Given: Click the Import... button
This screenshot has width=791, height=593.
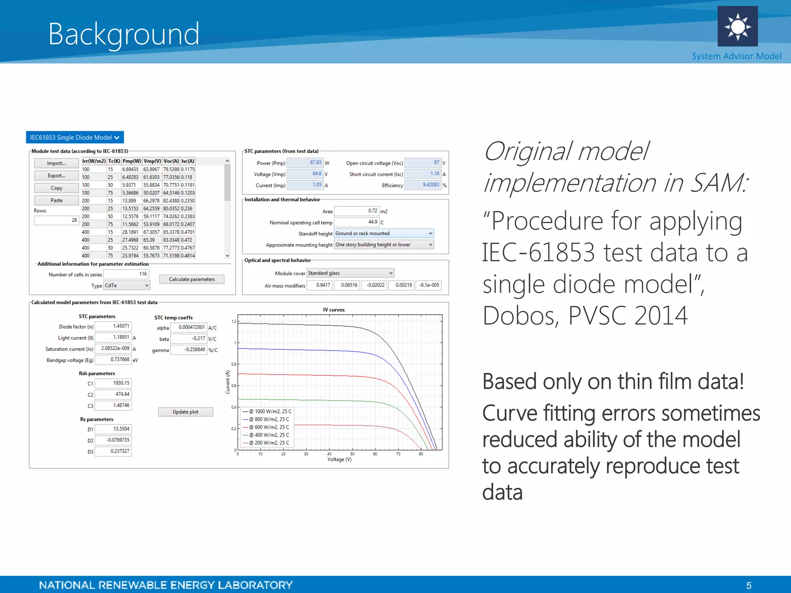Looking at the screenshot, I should coord(56,163).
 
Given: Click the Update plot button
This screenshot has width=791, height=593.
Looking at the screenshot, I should coord(185,412).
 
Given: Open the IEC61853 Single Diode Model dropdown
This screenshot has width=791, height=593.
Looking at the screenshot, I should coord(75,137).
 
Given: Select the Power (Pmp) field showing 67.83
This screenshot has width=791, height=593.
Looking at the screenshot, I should coord(305,163).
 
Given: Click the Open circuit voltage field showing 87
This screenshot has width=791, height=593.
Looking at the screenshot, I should coord(423,163).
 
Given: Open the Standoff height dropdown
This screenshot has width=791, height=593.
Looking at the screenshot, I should coord(384,234).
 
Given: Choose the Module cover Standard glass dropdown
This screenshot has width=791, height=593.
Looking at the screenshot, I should coord(350,273).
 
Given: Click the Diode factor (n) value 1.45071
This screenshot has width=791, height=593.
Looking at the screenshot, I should coord(113,327).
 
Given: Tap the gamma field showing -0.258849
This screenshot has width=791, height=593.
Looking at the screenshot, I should coord(189,350).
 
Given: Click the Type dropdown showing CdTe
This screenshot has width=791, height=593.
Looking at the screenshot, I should coord(127,286).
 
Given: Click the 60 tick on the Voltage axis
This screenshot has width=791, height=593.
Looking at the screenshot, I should coord(375,454).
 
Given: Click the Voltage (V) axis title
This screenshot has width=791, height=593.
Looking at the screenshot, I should coord(339,459).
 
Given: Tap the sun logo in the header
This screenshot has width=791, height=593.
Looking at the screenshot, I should coord(737,26).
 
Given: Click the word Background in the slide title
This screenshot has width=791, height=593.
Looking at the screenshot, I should coord(124,34).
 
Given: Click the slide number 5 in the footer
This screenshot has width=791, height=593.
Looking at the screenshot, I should coord(749,586).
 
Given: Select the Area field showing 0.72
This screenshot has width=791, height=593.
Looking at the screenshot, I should coord(356,211).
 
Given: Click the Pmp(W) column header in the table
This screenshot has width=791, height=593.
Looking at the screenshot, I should coord(132,161).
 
